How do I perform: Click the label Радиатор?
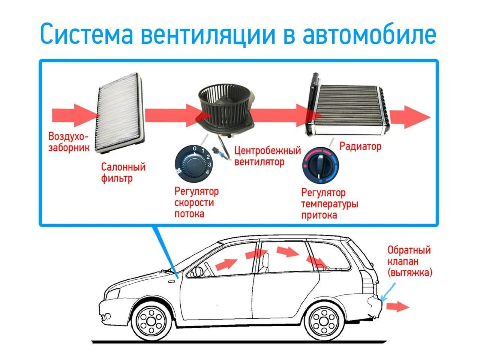360,146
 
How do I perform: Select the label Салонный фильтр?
123,172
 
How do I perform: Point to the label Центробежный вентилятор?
267,156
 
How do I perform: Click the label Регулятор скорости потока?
196,202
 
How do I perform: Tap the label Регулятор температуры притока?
330,204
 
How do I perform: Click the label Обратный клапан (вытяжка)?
409,261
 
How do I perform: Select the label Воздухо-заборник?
69,142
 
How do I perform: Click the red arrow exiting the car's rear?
397,306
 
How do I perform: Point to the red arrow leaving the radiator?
410,116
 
